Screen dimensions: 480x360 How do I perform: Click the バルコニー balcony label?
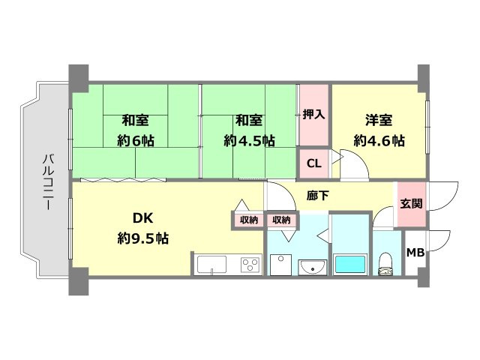tap(48, 181)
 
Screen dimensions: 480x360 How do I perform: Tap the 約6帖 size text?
tap(136, 141)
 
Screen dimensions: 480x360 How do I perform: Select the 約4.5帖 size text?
tap(249, 141)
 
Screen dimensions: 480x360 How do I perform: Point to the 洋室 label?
tap(379, 120)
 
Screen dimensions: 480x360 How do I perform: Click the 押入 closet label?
tap(313, 115)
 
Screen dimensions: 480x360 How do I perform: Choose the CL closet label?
tap(313, 163)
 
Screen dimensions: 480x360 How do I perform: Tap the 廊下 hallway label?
tap(317, 195)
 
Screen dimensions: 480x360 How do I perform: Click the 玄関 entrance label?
tap(412, 203)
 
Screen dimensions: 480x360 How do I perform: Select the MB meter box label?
tap(415, 253)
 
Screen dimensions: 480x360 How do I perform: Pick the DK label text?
tap(143, 218)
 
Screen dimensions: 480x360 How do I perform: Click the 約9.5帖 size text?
tap(143, 238)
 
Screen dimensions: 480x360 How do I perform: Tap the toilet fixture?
tap(385, 264)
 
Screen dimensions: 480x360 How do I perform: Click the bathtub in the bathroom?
tap(350, 264)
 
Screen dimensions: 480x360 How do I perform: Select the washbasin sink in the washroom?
tap(313, 267)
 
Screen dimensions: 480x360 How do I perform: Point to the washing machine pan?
tap(281, 265)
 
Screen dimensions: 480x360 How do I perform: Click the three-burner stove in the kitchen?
tap(250, 265)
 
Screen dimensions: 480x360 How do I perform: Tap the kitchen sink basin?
tap(211, 265)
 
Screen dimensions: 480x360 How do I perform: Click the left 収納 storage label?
tap(248, 220)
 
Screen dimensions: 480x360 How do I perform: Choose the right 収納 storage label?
tap(281, 220)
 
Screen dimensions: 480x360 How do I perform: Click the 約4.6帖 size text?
tap(379, 141)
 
